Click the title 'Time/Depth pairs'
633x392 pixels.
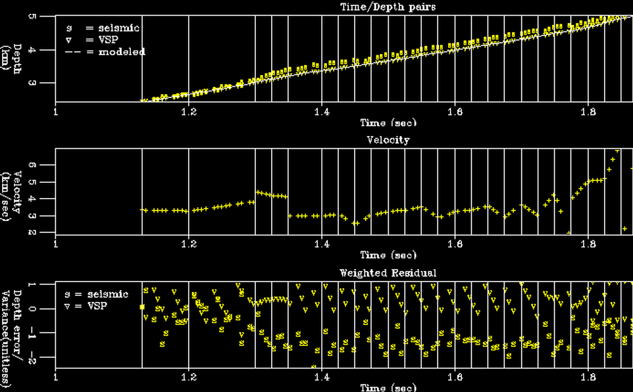(387, 7)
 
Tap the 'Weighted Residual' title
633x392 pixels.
(388, 272)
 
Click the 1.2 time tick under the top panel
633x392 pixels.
(189, 111)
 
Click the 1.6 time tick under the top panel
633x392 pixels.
(454, 111)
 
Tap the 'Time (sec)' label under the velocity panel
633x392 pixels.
(388, 255)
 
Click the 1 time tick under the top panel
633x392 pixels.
(55, 111)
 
